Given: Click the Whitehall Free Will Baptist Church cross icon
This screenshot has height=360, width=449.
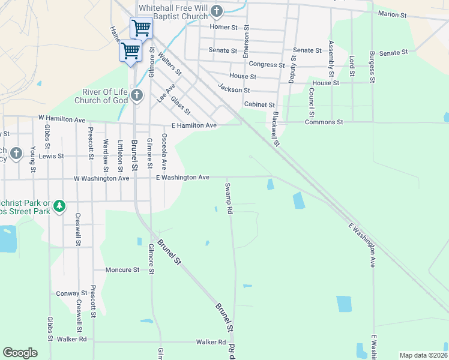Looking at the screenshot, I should [x=217, y=11].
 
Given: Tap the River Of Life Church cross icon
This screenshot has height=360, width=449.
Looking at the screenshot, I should [x=137, y=95].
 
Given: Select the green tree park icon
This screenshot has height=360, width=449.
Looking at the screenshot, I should [x=59, y=206].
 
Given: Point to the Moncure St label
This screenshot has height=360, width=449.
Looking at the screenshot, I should [x=122, y=270].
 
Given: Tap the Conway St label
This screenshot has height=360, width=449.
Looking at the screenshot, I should [x=72, y=293].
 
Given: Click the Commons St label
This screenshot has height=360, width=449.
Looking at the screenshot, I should [x=324, y=122].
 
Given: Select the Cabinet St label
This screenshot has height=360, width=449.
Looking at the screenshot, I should [x=259, y=104].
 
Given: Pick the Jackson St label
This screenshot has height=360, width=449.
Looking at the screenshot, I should [x=234, y=90].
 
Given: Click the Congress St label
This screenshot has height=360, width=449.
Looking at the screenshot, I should [x=267, y=64].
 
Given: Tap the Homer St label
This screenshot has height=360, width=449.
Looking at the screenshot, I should [x=224, y=27].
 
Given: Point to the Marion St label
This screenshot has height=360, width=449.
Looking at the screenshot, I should [x=393, y=14].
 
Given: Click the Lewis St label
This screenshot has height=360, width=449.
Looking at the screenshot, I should [x=52, y=156].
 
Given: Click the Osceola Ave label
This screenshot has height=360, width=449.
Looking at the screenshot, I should [x=164, y=152].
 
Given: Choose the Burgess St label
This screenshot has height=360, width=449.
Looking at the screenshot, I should [x=372, y=67].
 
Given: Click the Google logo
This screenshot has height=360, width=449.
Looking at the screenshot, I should [x=20, y=353].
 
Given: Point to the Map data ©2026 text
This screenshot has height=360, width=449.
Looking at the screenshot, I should [x=423, y=355].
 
